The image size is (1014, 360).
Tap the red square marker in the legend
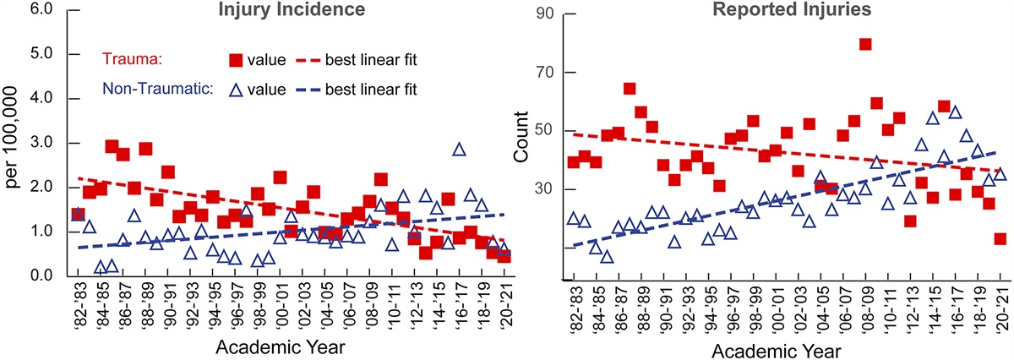tap(237, 59)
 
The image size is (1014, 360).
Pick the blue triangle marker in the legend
tap(237, 87)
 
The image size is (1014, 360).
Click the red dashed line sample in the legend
tap(315, 59)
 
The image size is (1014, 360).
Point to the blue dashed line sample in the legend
tap(315, 87)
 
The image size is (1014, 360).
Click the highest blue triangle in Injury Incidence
tap(459, 150)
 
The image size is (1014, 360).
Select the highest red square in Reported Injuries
tap(864, 44)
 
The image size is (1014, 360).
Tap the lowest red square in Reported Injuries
tap(1000, 238)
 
